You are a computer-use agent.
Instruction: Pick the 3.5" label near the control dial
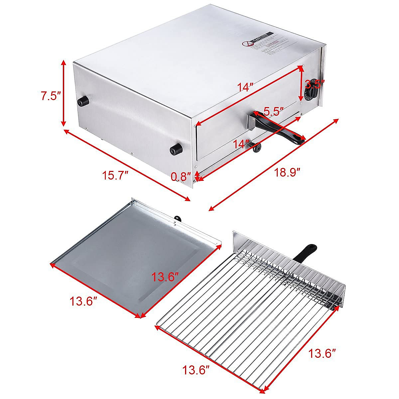click(x=314, y=83)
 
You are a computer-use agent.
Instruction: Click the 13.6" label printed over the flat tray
click(x=165, y=277)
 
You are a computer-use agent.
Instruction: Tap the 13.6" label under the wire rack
click(x=196, y=369)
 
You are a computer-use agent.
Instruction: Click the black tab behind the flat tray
click(x=178, y=218)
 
